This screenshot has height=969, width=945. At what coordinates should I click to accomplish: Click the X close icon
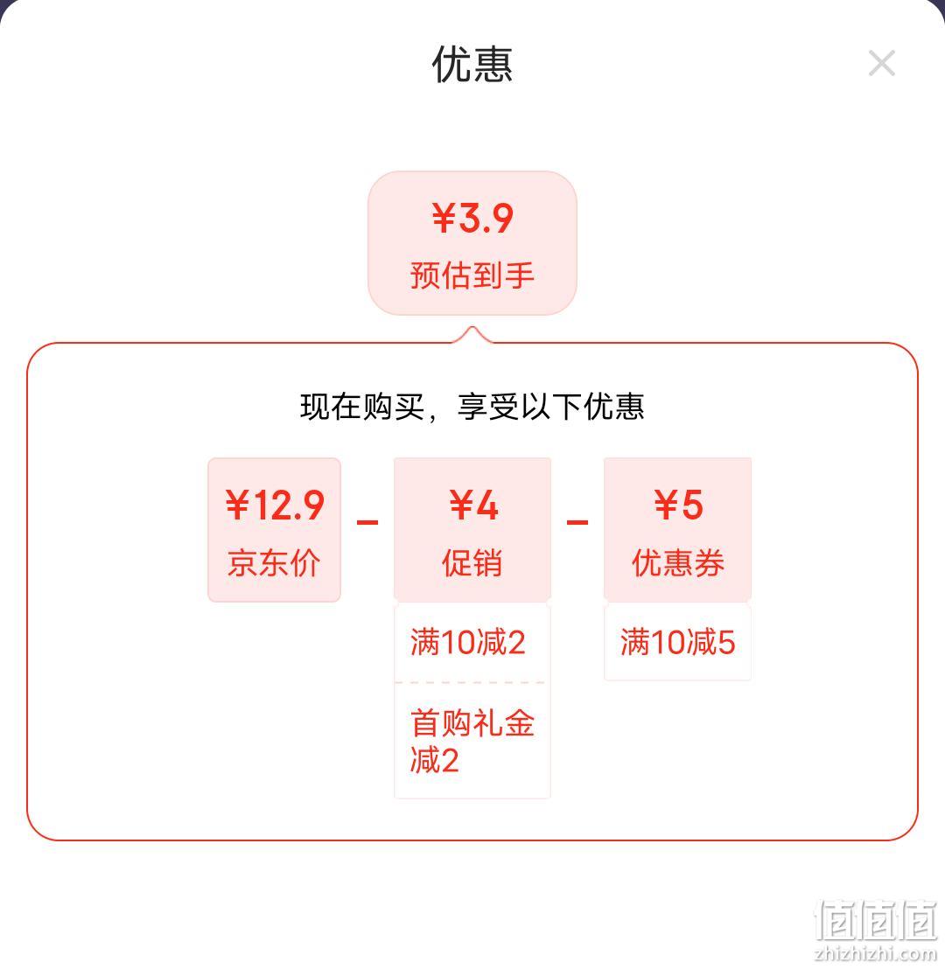[x=881, y=63]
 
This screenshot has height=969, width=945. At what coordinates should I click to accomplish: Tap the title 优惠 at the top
[x=472, y=64]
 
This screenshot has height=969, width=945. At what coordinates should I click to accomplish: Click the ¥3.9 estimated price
[x=472, y=218]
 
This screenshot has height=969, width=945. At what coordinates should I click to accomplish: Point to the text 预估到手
[x=472, y=275]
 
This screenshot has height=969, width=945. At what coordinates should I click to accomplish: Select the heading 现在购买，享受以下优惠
[x=472, y=407]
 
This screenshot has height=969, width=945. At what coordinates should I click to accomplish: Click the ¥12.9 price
[x=275, y=505]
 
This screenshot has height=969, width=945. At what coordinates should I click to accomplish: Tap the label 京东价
[x=274, y=563]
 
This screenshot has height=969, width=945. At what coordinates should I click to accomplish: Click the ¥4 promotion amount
[x=473, y=505]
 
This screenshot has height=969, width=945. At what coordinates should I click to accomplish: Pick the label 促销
[x=472, y=563]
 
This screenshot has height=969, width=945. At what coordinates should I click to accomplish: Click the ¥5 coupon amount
[x=678, y=505]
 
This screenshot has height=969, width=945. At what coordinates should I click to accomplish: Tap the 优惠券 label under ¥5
[x=678, y=563]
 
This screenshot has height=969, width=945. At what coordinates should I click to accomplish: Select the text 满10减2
[x=467, y=642]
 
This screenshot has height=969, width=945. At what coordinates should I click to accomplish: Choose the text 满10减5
[x=678, y=642]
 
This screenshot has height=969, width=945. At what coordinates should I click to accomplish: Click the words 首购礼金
[x=472, y=723]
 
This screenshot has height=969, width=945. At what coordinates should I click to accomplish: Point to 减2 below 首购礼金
[x=434, y=760]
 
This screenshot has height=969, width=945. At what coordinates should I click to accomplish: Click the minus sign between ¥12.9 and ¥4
[x=367, y=523]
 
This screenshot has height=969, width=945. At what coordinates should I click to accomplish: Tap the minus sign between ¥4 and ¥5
[x=577, y=523]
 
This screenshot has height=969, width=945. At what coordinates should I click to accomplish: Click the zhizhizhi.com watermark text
[x=876, y=953]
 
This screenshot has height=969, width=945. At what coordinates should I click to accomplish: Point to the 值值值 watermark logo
[x=876, y=920]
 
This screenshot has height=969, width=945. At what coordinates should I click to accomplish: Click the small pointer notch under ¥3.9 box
[x=472, y=334]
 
